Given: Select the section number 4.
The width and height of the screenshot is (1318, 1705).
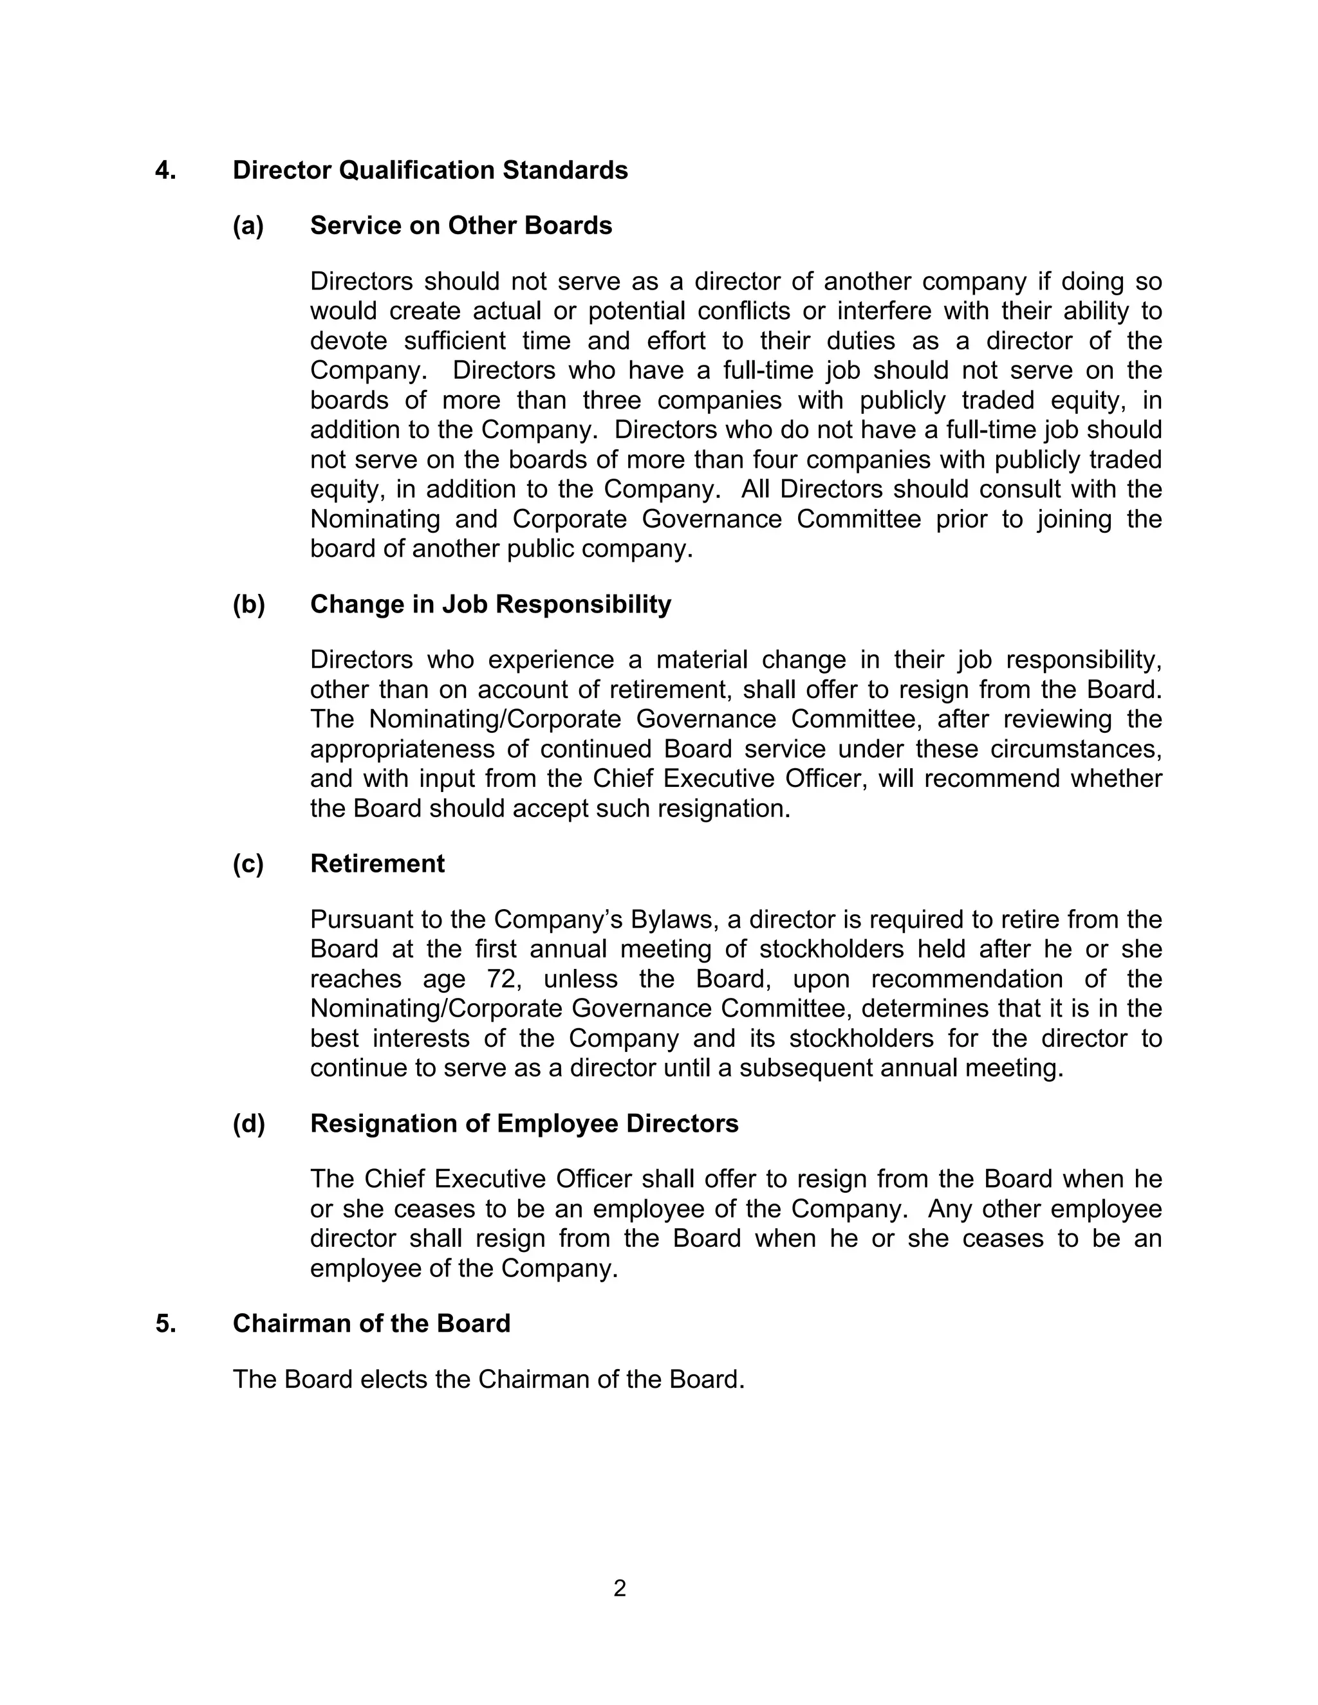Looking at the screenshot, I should (165, 170).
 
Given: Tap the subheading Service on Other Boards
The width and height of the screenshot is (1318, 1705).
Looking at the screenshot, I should (461, 226).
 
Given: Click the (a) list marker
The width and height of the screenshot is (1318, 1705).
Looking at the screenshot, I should (248, 226).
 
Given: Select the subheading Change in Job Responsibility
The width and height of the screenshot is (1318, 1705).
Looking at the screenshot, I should (490, 604).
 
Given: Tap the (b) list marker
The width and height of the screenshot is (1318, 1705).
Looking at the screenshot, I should (248, 604).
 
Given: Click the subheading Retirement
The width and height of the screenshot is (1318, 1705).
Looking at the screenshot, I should (377, 863).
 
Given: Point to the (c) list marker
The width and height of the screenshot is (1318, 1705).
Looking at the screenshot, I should (248, 863).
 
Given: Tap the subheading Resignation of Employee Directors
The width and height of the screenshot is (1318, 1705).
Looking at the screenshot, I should (524, 1123).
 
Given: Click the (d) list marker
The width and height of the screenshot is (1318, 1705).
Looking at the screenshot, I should (248, 1123).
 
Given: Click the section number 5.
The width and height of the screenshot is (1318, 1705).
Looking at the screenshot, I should (165, 1323).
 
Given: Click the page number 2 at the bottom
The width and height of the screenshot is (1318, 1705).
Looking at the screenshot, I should (619, 1589).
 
